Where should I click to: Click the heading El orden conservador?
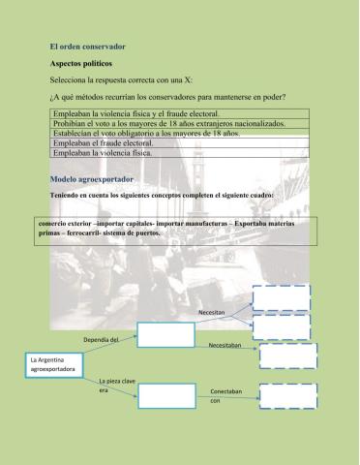(x=87, y=46)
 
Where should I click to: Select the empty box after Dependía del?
(x=165, y=334)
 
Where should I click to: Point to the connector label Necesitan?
(x=212, y=313)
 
